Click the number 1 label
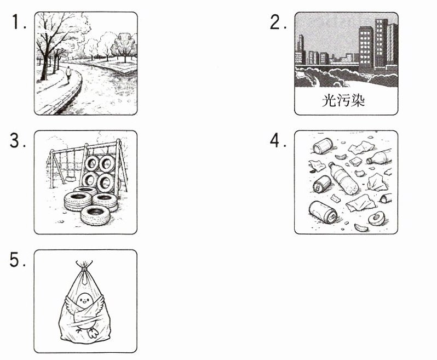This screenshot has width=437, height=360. pyautogui.click(x=19, y=22)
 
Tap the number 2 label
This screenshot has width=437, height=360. pyautogui.click(x=278, y=22)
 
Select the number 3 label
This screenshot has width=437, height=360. pyautogui.click(x=18, y=141)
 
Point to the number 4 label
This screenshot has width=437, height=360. pyautogui.click(x=278, y=140)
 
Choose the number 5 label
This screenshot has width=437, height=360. pyautogui.click(x=18, y=260)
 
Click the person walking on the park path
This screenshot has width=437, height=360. pyautogui.click(x=68, y=74)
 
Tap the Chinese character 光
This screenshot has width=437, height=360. pyautogui.click(x=329, y=100)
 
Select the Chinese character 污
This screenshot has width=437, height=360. pyautogui.click(x=343, y=100)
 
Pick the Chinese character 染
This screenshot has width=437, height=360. pyautogui.click(x=358, y=100)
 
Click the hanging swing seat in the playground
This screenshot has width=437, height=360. pyautogui.click(x=71, y=178)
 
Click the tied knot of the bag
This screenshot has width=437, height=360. pyautogui.click(x=84, y=270)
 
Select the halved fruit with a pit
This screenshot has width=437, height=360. pyautogui.click(x=377, y=219)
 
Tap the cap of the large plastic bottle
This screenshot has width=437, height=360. pyautogui.click(x=331, y=164)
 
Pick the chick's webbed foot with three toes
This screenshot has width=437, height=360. pyautogui.click(x=93, y=333)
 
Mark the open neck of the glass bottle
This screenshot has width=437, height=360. pyautogui.click(x=369, y=161)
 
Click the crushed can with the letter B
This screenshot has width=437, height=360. pyautogui.click(x=322, y=184)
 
